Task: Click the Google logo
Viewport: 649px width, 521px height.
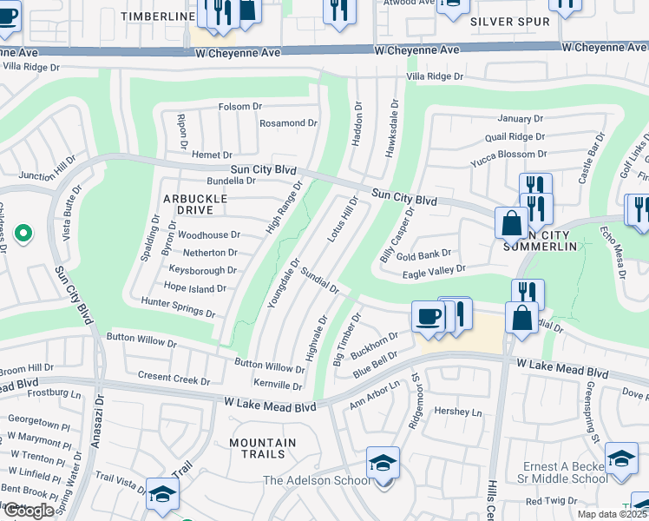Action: click(x=28, y=511)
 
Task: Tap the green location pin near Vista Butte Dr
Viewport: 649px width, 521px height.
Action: click(x=23, y=233)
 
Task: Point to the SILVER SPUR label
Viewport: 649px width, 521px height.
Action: click(x=509, y=21)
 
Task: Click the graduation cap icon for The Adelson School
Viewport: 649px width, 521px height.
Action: click(x=383, y=464)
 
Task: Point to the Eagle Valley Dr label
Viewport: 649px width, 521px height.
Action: click(x=435, y=271)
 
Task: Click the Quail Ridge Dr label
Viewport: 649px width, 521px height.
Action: click(x=515, y=136)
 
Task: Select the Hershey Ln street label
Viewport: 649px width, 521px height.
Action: click(x=457, y=412)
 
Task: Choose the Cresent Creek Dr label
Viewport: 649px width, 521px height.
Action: click(x=174, y=379)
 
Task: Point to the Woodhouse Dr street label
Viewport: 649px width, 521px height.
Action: click(x=209, y=234)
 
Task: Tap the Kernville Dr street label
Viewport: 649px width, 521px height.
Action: click(x=279, y=385)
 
